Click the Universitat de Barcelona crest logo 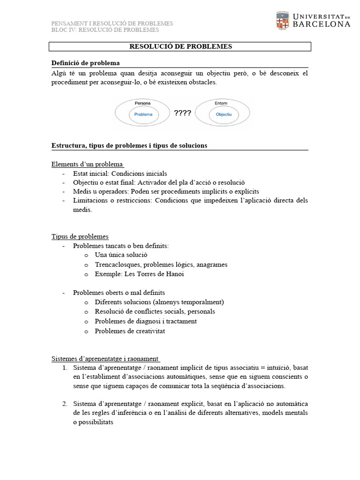click(283, 20)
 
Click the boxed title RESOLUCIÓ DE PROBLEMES click(180, 46)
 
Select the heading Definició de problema click(85, 63)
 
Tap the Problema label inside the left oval click(143, 114)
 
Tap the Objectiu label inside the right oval click(223, 114)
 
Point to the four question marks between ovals click(182, 113)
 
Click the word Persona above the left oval click(142, 103)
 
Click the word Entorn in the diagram click(221, 103)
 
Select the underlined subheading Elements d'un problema click(87, 164)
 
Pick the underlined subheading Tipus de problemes click(80, 236)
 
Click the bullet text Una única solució click(121, 255)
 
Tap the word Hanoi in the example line click(174, 274)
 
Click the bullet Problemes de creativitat click(130, 331)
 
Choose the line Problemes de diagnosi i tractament click(145, 321)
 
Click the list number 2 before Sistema click(65, 404)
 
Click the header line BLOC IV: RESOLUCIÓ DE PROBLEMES click(105, 30)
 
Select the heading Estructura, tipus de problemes click(129, 146)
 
